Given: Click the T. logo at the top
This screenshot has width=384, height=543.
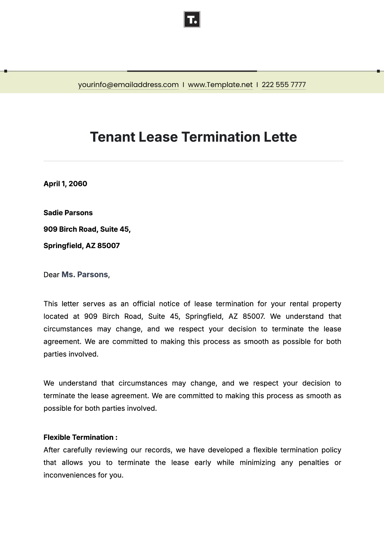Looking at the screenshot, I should tap(192, 20).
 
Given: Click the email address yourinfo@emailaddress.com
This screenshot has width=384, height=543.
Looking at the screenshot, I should tap(128, 85).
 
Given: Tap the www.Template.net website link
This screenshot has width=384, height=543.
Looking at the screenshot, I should tap(220, 85).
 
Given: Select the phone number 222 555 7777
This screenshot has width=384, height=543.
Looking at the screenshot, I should tap(284, 85).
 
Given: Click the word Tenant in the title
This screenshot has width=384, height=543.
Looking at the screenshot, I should tap(112, 137).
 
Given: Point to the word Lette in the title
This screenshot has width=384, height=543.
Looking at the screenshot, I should tap(280, 137).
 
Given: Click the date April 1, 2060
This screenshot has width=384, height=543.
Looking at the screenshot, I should tap(65, 184).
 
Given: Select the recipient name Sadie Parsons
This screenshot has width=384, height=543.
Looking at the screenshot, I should tap(68, 213).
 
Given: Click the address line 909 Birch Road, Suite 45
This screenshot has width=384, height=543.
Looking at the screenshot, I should tap(87, 229).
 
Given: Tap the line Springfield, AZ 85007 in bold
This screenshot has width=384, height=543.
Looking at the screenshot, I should tap(82, 246).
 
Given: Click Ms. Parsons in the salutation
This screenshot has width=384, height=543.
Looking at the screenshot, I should tap(85, 275).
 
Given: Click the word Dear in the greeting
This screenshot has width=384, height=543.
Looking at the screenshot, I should tap(52, 275).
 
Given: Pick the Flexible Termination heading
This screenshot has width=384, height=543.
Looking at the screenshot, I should tap(80, 437).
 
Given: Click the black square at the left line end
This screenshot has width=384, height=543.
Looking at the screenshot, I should tap(6, 71).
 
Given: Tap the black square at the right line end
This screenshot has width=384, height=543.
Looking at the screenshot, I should tap(378, 71).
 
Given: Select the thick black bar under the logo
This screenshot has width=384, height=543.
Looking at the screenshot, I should tap(192, 71).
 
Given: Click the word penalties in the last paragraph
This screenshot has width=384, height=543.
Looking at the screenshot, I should tap(313, 463).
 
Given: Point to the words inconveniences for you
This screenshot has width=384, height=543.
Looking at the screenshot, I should tap(83, 475).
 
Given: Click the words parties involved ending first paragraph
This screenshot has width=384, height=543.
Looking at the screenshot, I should tap(71, 354).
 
